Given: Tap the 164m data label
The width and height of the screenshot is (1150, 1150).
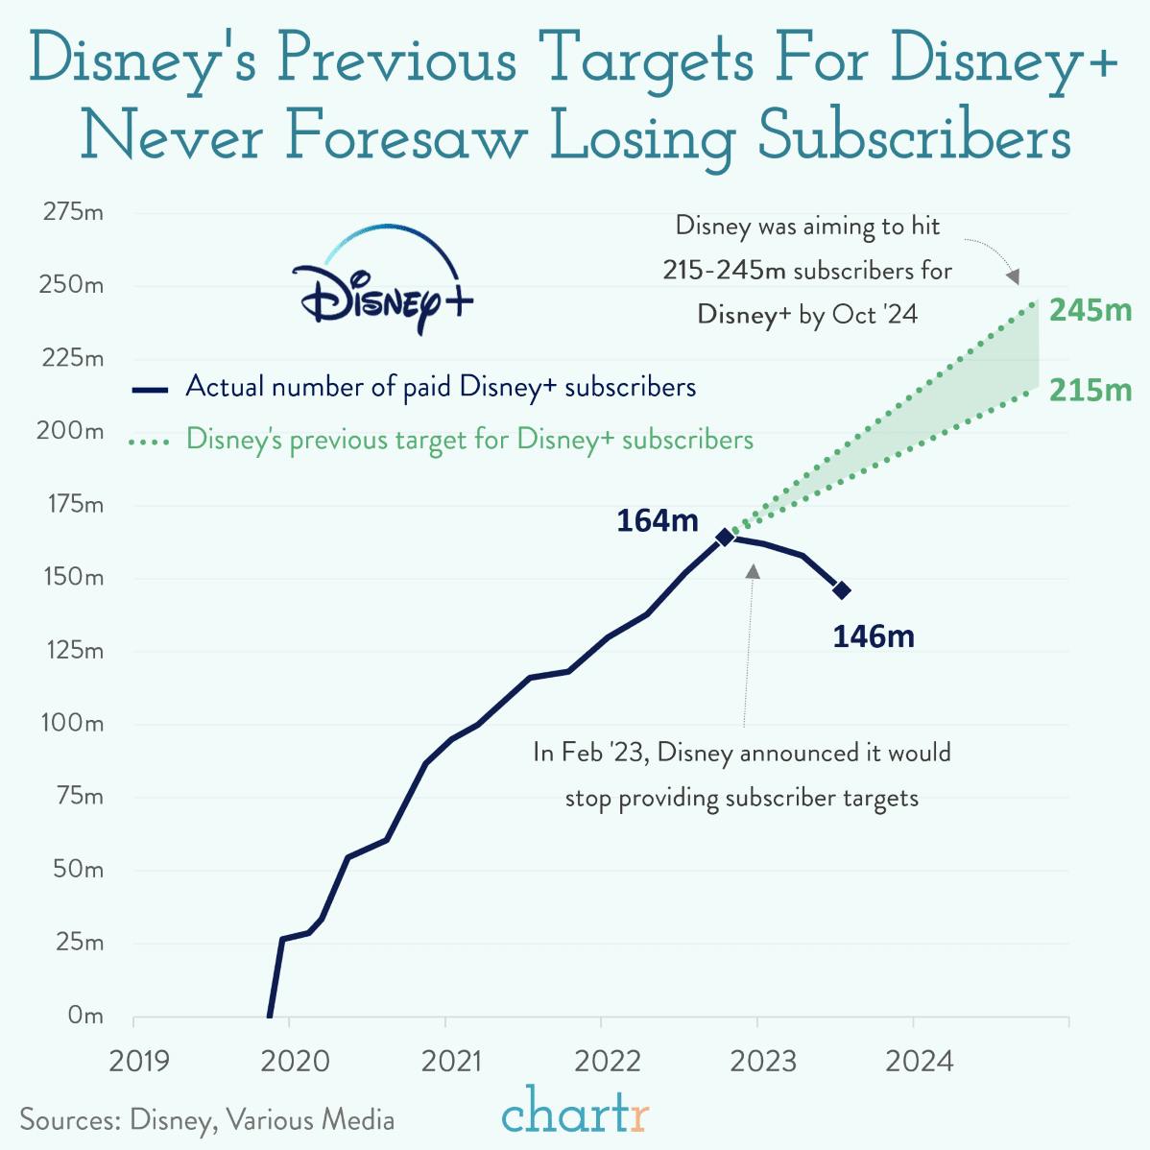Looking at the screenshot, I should [657, 520].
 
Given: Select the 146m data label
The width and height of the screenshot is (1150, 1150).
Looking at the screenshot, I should [873, 636].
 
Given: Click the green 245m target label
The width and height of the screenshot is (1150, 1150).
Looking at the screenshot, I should [1090, 310].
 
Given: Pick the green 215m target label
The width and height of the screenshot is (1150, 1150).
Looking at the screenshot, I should [1090, 390].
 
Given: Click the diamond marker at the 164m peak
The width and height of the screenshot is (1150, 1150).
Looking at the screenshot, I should [725, 537].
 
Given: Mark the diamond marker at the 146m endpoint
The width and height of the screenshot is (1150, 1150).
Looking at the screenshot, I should [841, 590].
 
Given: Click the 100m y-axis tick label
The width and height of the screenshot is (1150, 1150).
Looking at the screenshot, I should [72, 723].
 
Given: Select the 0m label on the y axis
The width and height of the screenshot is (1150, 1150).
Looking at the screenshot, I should [84, 1016].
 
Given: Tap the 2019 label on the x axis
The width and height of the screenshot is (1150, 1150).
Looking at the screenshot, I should [139, 1061].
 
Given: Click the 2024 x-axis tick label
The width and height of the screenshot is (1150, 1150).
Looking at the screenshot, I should [919, 1061].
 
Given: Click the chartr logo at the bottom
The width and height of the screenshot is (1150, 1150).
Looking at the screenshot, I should [575, 1114].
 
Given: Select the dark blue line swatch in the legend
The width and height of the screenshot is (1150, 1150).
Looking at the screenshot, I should [150, 389].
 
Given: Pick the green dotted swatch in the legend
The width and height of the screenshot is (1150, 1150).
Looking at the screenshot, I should [150, 443].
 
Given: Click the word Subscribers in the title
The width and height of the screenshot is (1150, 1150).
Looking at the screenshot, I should [913, 137].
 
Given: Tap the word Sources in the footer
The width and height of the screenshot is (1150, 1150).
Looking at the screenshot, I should [67, 1119].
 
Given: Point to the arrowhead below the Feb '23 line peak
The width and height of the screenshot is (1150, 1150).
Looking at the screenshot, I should [753, 571].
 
